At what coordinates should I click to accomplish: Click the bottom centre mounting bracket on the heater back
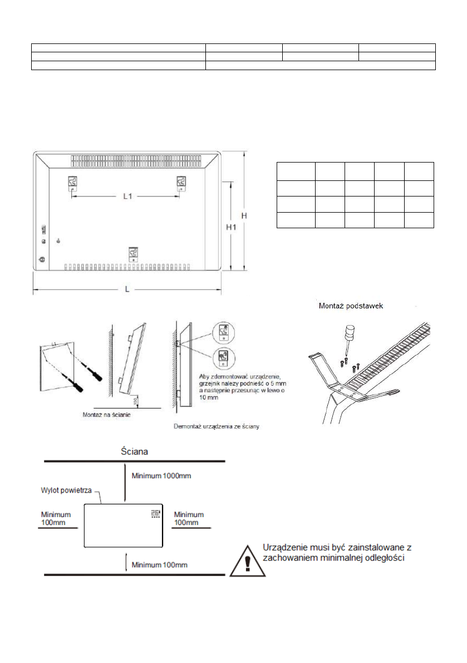tap(134, 254)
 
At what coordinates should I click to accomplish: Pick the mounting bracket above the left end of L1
tap(72, 183)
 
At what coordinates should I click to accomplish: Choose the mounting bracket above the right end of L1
tap(181, 183)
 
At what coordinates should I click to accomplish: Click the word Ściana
tap(136, 451)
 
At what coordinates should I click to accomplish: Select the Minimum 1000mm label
tap(160, 477)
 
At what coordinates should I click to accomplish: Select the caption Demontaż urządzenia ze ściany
tap(217, 427)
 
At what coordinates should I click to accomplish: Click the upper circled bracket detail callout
tap(223, 333)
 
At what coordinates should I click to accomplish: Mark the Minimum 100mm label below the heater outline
tap(159, 565)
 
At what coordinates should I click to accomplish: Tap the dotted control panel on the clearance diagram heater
tap(155, 513)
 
